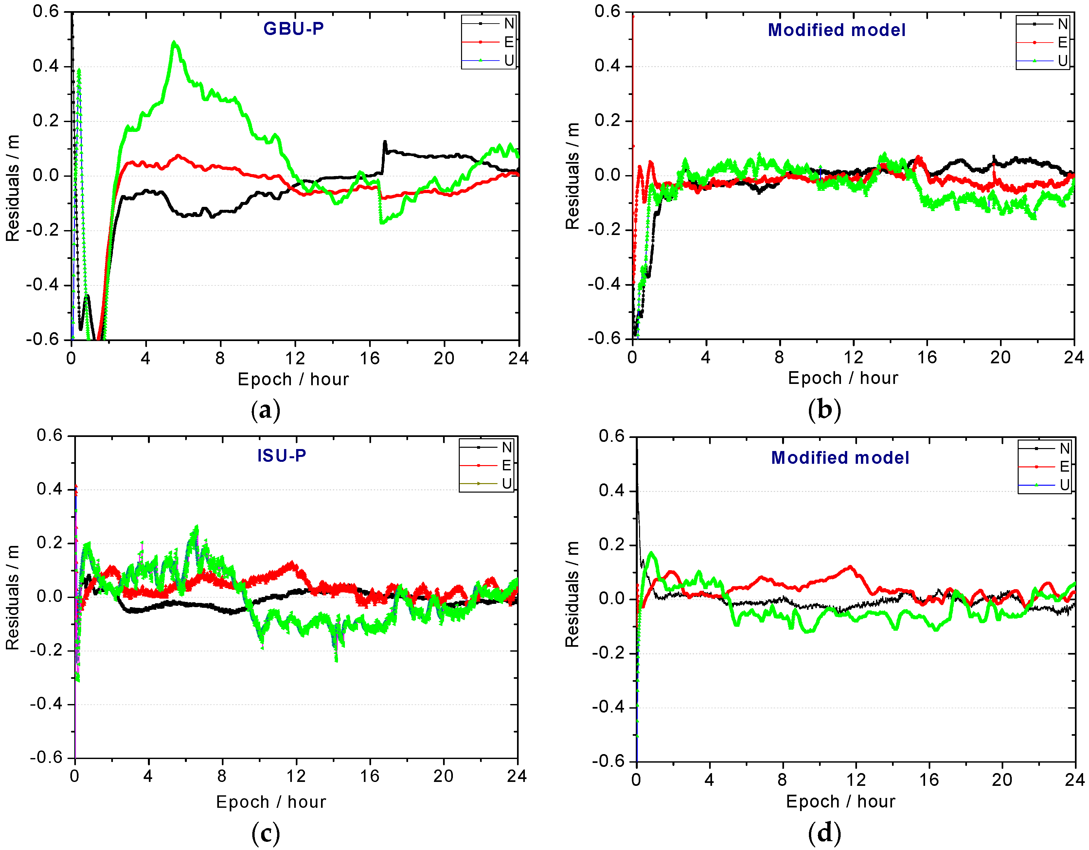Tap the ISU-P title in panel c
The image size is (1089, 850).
coord(282,455)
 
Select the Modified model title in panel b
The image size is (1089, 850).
coord(836,30)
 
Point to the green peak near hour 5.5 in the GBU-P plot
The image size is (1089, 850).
coord(173,43)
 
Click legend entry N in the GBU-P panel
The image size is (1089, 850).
coord(509,24)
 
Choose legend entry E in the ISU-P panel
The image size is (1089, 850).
coord(507,465)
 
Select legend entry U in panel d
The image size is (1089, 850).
coord(1064,484)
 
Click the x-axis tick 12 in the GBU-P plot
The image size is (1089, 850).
coord(295,358)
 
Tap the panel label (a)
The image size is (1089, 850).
coord(266,410)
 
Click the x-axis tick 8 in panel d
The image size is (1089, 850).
coord(782,779)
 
